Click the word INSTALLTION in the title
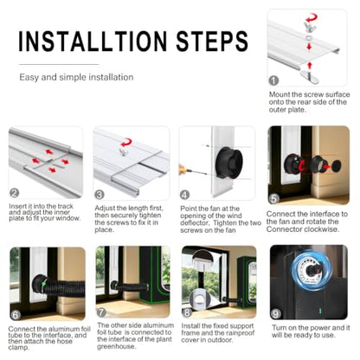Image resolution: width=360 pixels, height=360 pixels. pos(93,41)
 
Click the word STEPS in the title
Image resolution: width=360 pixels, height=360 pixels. pos(212,41)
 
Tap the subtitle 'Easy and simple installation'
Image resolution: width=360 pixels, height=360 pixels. pos(76,77)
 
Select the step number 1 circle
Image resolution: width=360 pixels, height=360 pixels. pos(273,80)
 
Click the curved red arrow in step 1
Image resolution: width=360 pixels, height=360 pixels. pos(312,18)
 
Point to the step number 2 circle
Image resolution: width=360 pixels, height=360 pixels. pos(14,193)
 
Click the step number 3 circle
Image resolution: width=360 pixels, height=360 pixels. pos(100,195)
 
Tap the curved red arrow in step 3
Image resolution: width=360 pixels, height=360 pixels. pos(126,142)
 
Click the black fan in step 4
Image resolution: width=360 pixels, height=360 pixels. pos(229,163)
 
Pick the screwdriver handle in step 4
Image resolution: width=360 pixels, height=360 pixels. pos(182,169)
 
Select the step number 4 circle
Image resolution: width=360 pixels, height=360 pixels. pos(184,195)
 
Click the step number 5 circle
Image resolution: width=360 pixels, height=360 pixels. pos(274,199)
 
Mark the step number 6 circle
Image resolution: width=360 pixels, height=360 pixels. pos(16,315)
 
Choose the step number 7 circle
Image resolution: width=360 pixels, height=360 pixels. pos(101,312)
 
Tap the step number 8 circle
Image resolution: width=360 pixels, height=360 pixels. pos(187,312)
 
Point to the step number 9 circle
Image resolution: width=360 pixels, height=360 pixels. pos(276,314)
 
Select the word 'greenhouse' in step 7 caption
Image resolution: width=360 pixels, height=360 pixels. pos(116,347)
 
